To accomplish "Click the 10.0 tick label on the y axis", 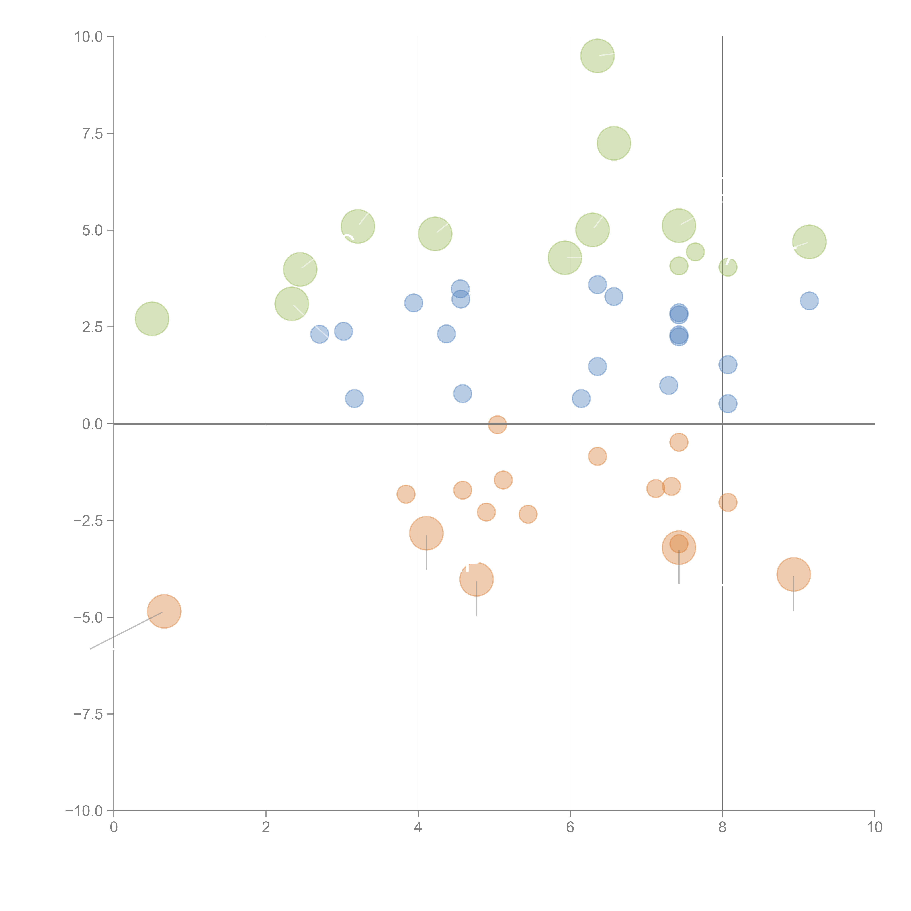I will coord(89,37).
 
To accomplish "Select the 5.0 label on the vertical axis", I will coord(92,231).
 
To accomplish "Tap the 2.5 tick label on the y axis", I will coord(92,327).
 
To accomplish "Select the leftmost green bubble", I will coord(152,319).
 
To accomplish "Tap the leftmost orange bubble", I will coord(164,612).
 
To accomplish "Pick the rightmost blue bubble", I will coord(809,301).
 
